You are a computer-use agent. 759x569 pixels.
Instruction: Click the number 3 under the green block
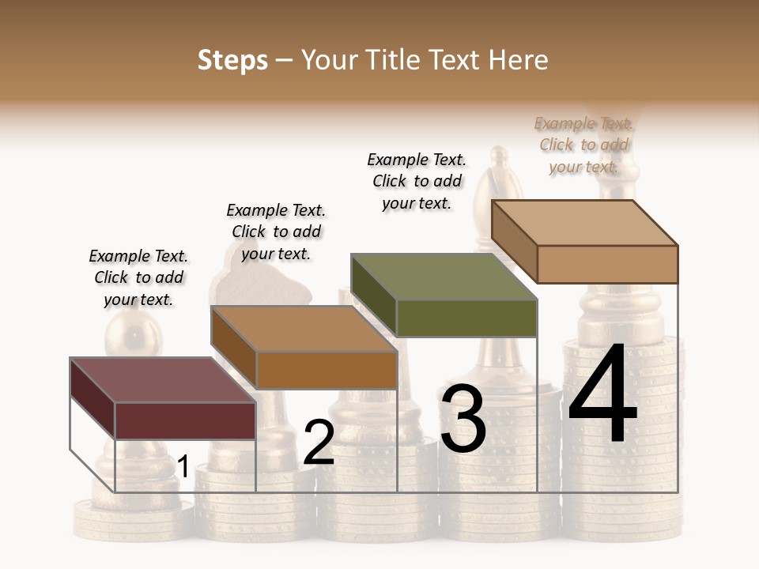(463, 419)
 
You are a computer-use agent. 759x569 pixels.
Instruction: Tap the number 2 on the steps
(319, 443)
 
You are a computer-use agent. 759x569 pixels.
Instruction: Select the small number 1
(183, 467)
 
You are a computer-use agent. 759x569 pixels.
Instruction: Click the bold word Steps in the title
(232, 60)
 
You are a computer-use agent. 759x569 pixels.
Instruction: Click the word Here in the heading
(519, 60)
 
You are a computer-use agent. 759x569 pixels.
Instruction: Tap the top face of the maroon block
(162, 380)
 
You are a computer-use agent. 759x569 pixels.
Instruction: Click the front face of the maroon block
(185, 420)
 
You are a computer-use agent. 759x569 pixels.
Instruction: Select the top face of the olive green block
(444, 277)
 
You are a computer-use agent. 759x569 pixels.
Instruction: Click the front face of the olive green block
(466, 318)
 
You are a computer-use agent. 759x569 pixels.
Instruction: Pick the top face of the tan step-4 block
(584, 223)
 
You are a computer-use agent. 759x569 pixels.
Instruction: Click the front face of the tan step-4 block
(607, 264)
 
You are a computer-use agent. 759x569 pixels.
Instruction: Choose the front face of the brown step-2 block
(326, 370)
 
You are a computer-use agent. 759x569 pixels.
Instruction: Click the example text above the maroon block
(138, 277)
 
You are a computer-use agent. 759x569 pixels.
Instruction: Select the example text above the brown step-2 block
(276, 232)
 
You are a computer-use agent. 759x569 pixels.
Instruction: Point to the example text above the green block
(417, 181)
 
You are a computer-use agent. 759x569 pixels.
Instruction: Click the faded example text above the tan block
(584, 145)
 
